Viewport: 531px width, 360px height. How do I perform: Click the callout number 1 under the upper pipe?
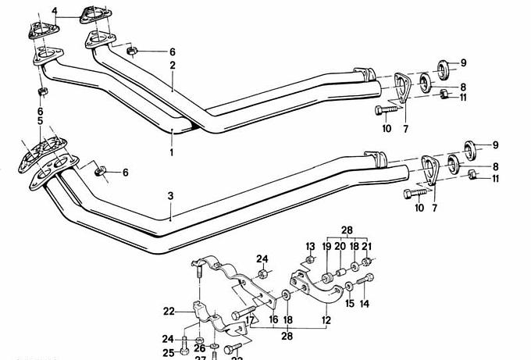pos(172,153)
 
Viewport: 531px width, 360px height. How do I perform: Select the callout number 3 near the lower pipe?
pos(170,195)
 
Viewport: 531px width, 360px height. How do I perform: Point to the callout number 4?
pos(55,11)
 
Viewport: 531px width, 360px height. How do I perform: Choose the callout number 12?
pos(326,319)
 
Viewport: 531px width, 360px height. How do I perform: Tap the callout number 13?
pos(309,247)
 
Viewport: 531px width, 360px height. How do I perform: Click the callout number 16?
pos(273,319)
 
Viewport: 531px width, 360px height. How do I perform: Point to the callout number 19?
pos(327,247)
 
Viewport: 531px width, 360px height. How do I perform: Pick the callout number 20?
pos(340,247)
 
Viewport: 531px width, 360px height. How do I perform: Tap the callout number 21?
pos(367,247)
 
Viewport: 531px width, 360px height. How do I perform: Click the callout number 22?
pos(169,311)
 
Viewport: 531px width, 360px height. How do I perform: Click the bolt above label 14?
pos(365,279)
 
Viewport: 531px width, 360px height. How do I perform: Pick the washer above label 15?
pos(349,283)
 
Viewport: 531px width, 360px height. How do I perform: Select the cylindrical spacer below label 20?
pos(340,274)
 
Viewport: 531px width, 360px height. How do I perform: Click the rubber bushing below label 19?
pos(324,280)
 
